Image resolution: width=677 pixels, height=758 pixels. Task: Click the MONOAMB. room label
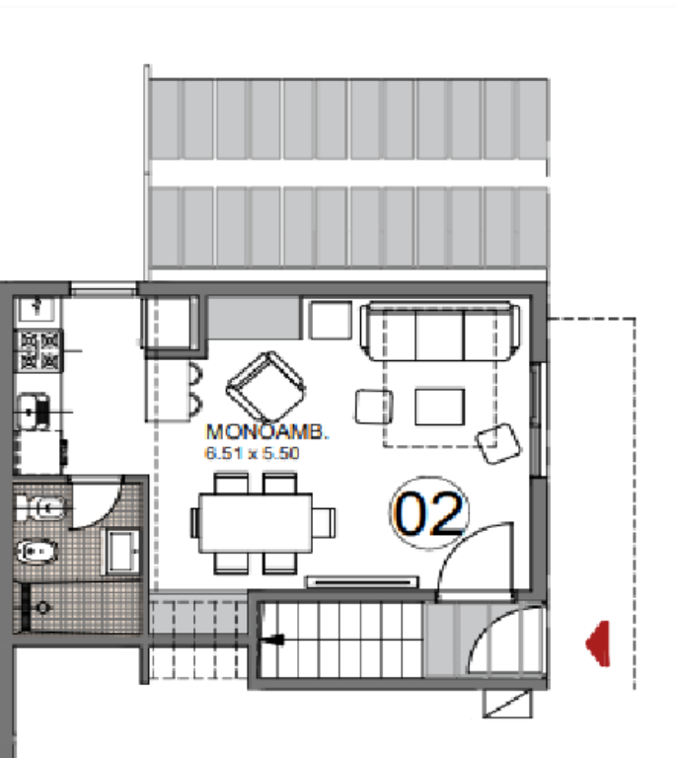(267, 431)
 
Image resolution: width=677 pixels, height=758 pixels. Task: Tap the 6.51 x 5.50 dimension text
(253, 453)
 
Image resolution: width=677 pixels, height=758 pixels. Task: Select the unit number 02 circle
(428, 512)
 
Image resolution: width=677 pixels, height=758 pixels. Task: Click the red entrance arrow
(598, 644)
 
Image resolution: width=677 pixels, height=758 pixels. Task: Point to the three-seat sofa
(440, 332)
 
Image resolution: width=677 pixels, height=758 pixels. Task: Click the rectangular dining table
(256, 522)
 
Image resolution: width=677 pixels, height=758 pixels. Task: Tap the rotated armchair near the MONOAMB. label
(265, 387)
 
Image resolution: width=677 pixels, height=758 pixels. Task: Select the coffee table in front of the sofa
(440, 407)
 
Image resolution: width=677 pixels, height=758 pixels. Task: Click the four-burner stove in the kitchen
(39, 350)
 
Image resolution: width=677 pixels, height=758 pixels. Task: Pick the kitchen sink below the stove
(34, 412)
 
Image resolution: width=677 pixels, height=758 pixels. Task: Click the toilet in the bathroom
(41, 507)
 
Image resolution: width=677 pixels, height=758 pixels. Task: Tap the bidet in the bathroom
(38, 552)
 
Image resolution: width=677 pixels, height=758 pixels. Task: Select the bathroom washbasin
(122, 551)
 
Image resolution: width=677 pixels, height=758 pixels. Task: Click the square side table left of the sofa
(331, 320)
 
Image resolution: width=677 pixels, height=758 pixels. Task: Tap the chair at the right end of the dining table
(324, 522)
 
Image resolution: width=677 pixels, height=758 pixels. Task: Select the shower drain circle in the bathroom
(43, 607)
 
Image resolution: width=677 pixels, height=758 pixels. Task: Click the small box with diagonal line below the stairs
(507, 704)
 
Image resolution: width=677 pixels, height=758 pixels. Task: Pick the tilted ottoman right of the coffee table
(498, 443)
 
